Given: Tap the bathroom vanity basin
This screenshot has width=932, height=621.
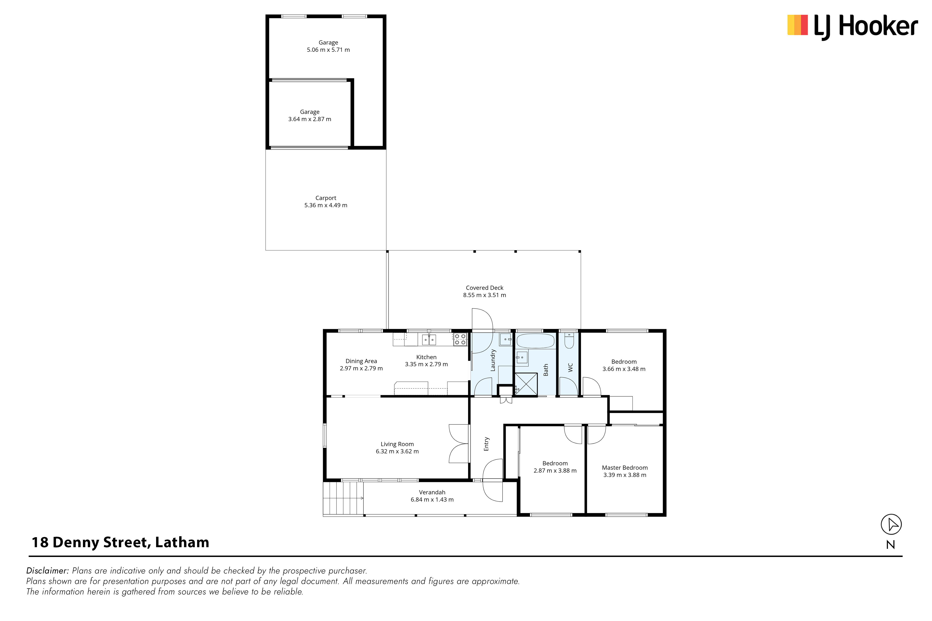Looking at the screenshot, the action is pyautogui.click(x=522, y=358).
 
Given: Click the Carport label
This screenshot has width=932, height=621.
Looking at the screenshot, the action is pyautogui.click(x=326, y=198).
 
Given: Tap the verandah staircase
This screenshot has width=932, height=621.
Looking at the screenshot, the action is pyautogui.click(x=343, y=498).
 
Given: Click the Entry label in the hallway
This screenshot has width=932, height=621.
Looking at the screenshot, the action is pyautogui.click(x=487, y=444).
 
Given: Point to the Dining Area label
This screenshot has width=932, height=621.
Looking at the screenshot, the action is pyautogui.click(x=361, y=361).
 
